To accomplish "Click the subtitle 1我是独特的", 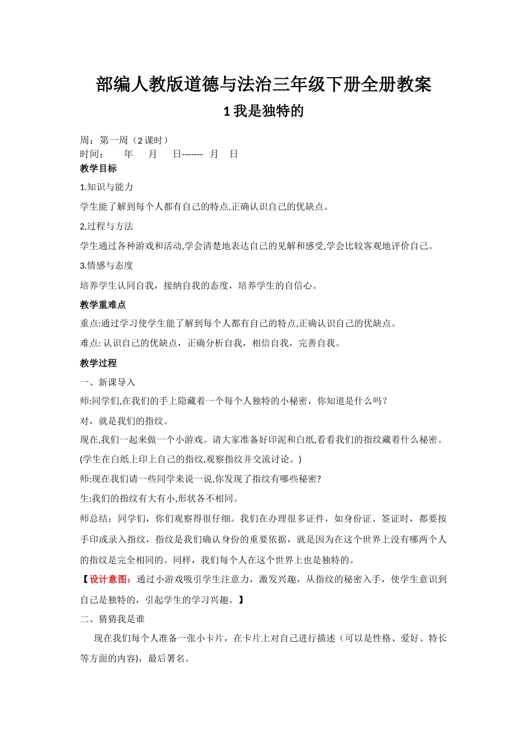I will pyautogui.click(x=263, y=111).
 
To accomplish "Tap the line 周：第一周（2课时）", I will pyautogui.click(x=124, y=140).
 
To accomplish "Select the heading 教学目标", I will pyautogui.click(x=98, y=168).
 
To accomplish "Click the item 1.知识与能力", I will pyautogui.click(x=107, y=187).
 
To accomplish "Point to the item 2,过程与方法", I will pyautogui.click(x=107, y=226).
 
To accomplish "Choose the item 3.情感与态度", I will pyautogui.click(x=107, y=265).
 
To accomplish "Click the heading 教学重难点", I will pyautogui.click(x=103, y=305).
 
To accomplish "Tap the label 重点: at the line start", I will pyautogui.click(x=90, y=324).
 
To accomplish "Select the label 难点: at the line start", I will pyautogui.click(x=90, y=343).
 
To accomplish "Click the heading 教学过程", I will pyautogui.click(x=98, y=363).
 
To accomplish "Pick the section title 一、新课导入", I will pyautogui.click(x=108, y=382).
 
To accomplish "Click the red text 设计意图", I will pyautogui.click(x=110, y=579).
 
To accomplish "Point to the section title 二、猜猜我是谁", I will pyautogui.click(x=112, y=619).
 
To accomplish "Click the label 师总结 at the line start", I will pyautogui.click(x=94, y=518).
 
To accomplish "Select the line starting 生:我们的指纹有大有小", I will pyautogui.click(x=160, y=498).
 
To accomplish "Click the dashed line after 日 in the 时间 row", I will pyautogui.click(x=192, y=154).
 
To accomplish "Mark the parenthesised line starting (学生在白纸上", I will pyautogui.click(x=191, y=459).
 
